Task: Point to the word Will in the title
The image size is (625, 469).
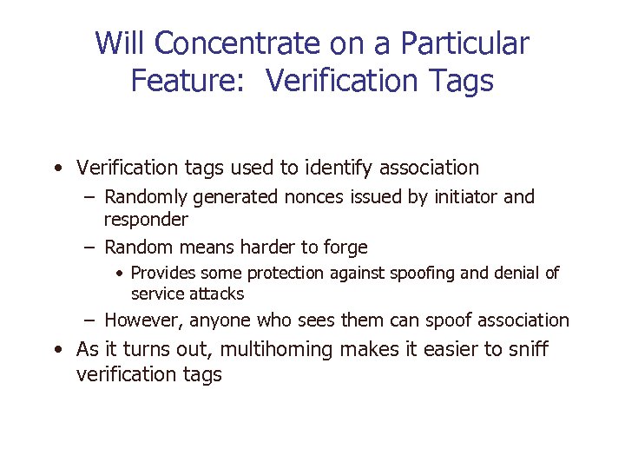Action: [x=119, y=43]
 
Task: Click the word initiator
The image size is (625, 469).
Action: [x=464, y=197]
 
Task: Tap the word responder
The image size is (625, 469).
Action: [x=146, y=219]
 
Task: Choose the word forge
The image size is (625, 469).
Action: [x=345, y=248]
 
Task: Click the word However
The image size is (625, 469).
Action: [x=143, y=320]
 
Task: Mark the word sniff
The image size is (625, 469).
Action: [x=529, y=350]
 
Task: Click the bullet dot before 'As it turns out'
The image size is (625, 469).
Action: [x=57, y=350]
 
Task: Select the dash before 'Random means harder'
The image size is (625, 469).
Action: [x=91, y=248]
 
